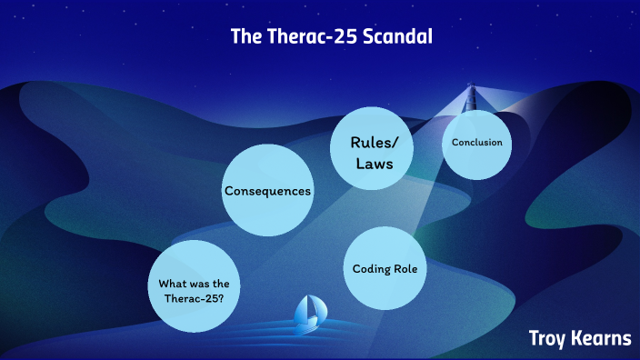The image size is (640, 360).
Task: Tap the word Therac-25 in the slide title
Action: tap(307, 39)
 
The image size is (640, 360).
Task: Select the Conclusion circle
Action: tap(477, 143)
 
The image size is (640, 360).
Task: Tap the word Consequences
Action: tap(268, 191)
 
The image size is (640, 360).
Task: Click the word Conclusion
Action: tap(477, 143)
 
